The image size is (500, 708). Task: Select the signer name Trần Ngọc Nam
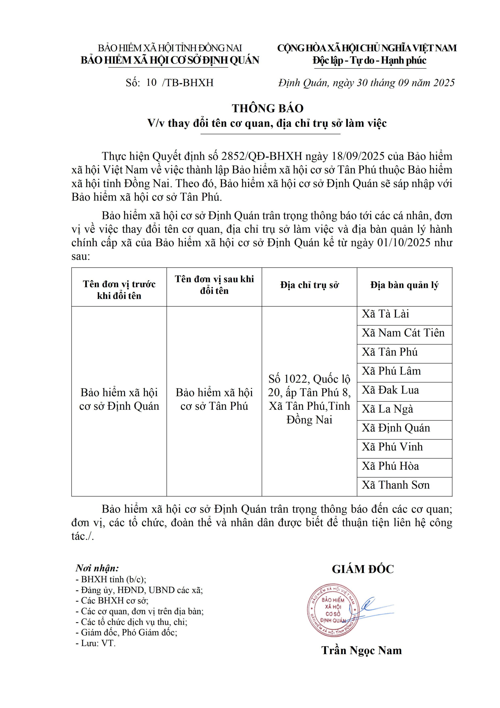pyautogui.click(x=361, y=657)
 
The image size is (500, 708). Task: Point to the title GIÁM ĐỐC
pyautogui.click(x=363, y=569)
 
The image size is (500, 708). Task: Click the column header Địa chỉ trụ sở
pyautogui.click(x=309, y=285)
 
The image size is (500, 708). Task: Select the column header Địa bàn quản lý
pyautogui.click(x=404, y=285)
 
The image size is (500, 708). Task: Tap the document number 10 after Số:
pyautogui.click(x=151, y=82)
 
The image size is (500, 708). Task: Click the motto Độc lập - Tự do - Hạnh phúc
pyautogui.click(x=369, y=60)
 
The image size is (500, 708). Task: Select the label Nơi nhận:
pyautogui.click(x=97, y=568)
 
